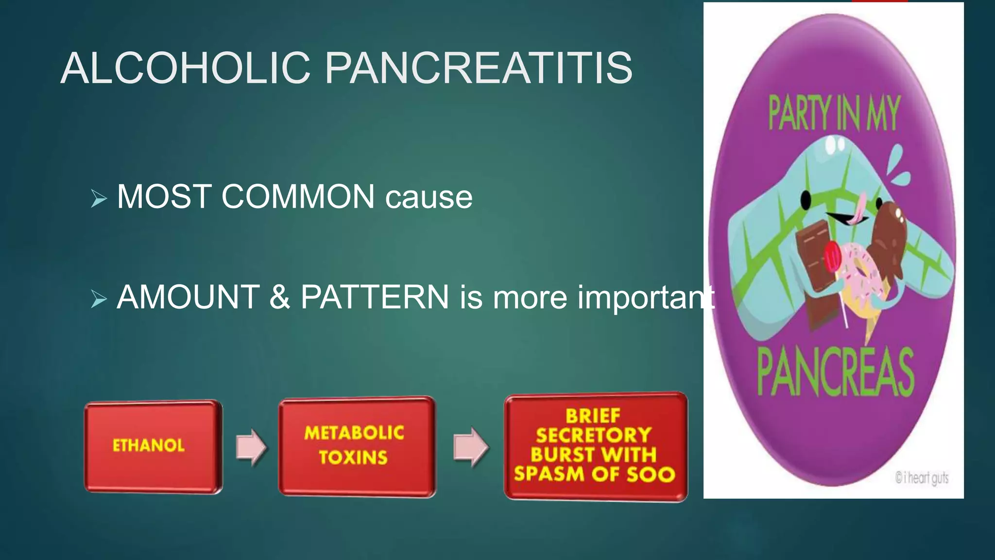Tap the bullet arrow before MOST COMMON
[x=99, y=198]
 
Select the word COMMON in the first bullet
[x=298, y=197]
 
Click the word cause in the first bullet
[x=429, y=198]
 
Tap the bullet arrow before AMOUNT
[x=99, y=299]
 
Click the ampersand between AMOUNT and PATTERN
[x=279, y=297]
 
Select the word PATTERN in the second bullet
[x=375, y=297]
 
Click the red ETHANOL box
[x=153, y=446]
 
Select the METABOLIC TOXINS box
[x=356, y=446]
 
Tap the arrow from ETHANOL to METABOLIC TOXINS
[x=251, y=447]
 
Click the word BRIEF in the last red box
[x=593, y=416]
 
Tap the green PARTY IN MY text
[x=834, y=114]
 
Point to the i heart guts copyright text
[x=922, y=478]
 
